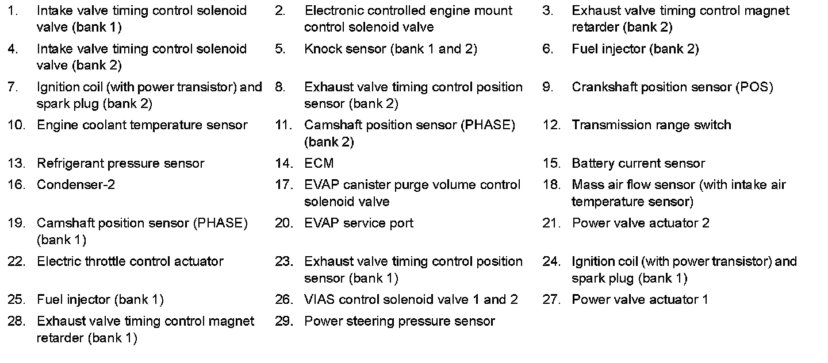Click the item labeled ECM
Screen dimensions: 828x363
pyautogui.click(x=319, y=164)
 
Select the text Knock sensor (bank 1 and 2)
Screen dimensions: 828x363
pyautogui.click(x=390, y=49)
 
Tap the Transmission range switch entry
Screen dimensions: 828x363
pyautogui.click(x=651, y=125)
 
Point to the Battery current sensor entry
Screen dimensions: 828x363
pyautogui.click(x=638, y=164)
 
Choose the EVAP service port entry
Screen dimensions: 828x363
pyautogui.click(x=358, y=223)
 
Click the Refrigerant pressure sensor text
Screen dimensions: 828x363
pyautogui.click(x=120, y=164)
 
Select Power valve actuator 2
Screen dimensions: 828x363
pyautogui.click(x=640, y=223)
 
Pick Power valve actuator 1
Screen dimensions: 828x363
pyautogui.click(x=639, y=300)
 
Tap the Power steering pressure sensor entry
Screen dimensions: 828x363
pyautogui.click(x=399, y=321)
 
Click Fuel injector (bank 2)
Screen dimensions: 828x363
pyautogui.click(x=635, y=49)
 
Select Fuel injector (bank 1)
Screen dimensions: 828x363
pyautogui.click(x=100, y=300)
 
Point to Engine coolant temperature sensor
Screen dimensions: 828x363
pyautogui.click(x=142, y=125)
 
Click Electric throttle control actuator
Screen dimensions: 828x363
pyautogui.click(x=130, y=261)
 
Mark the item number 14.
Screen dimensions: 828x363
pyautogui.click(x=283, y=164)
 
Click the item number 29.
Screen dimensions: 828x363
pyautogui.click(x=283, y=321)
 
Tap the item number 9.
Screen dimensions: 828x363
pyautogui.click(x=547, y=87)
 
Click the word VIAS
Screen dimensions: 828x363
pyautogui.click(x=319, y=300)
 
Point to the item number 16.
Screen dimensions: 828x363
pyautogui.click(x=16, y=185)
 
